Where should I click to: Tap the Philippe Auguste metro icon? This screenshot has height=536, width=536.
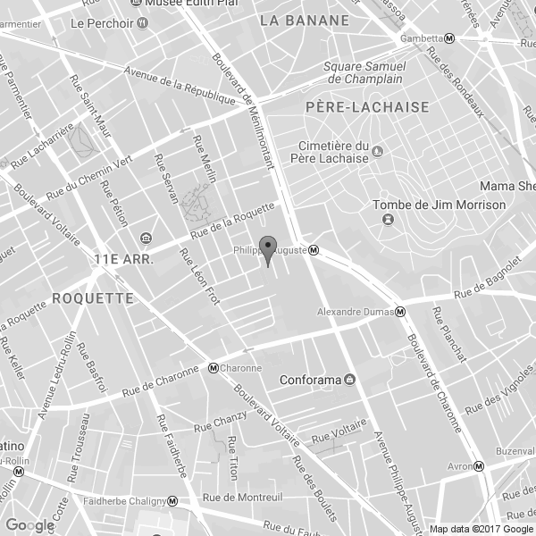[314, 251]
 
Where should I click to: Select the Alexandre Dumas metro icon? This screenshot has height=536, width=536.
[401, 312]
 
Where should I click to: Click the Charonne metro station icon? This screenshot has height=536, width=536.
[214, 367]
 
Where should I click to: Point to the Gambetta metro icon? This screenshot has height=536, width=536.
[449, 38]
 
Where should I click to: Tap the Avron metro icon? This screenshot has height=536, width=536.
[479, 466]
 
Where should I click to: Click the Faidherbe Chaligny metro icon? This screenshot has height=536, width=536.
[172, 501]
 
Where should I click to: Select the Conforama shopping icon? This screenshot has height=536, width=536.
[349, 380]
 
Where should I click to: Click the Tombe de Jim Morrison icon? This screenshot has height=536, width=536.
[387, 219]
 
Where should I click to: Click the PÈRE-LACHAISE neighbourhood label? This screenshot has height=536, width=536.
[355, 107]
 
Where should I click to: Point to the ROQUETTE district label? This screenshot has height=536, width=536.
[93, 297]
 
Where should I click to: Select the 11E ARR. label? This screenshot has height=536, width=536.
[124, 260]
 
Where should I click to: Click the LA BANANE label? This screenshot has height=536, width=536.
[304, 19]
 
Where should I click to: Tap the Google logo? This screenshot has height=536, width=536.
[29, 525]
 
